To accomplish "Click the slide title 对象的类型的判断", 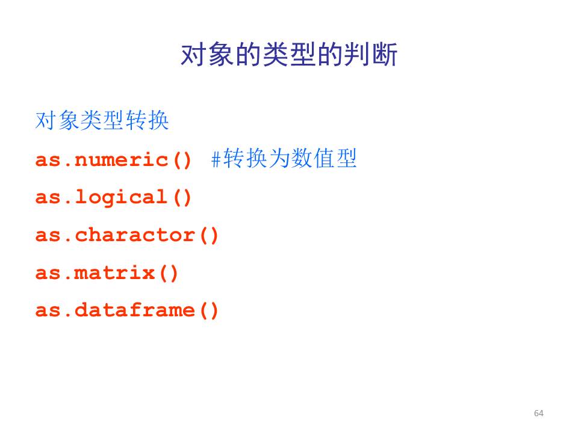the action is click(x=289, y=55).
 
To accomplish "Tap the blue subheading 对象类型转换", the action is click(x=102, y=120).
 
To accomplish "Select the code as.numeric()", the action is click(x=113, y=160).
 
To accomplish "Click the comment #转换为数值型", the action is click(x=284, y=158).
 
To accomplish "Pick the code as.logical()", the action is click(x=113, y=198).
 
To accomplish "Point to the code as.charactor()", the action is click(x=127, y=235).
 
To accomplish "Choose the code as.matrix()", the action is click(x=107, y=273).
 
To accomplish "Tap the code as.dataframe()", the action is click(x=127, y=310).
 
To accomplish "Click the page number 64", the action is click(x=538, y=413).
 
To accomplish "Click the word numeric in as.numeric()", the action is click(x=121, y=160).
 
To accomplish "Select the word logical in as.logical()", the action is click(x=121, y=198).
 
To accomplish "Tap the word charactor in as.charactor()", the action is click(x=135, y=235).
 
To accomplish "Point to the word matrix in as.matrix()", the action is click(x=114, y=273).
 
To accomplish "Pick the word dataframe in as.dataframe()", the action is click(x=135, y=310).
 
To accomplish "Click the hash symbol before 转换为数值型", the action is click(x=216, y=159).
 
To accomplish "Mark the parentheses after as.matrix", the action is click(x=169, y=273).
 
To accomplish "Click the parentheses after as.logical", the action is click(x=182, y=198).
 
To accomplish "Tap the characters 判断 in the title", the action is click(x=371, y=55).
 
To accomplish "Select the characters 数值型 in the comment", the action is click(x=324, y=158).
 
